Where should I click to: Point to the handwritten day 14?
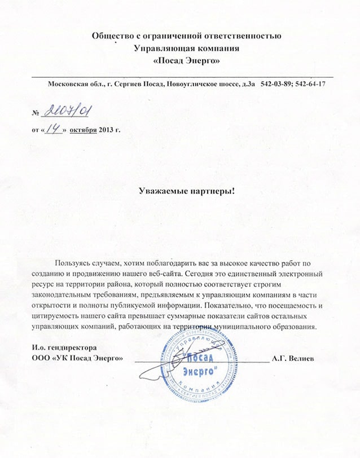[x=55, y=129]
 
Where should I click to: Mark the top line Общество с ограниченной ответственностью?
[x=186, y=36]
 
